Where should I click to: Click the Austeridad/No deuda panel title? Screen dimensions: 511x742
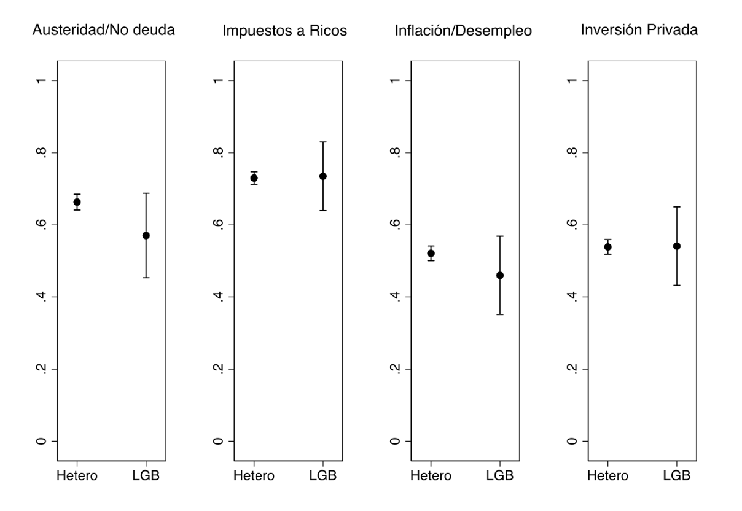(103, 30)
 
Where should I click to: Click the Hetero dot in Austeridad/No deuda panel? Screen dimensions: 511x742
(77, 202)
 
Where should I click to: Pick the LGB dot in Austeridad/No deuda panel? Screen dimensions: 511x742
(146, 235)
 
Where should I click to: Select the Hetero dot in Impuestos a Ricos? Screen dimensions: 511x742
(254, 178)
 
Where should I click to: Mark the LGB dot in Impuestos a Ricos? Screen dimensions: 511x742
(323, 176)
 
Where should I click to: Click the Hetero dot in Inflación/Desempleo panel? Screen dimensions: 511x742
(431, 253)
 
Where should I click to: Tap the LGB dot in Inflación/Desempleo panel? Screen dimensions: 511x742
(500, 275)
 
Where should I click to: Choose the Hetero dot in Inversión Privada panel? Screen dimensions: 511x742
(607, 247)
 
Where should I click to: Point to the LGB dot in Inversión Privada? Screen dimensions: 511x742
(677, 246)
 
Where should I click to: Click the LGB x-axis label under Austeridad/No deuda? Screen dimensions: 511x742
(146, 476)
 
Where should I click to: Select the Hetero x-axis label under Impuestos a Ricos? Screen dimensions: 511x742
(254, 476)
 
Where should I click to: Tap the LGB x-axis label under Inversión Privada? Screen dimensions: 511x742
(677, 476)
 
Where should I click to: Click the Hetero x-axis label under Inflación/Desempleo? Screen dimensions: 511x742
(431, 476)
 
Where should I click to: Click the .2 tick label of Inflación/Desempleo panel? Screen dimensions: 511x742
(394, 369)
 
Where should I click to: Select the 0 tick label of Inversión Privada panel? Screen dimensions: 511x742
(571, 441)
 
